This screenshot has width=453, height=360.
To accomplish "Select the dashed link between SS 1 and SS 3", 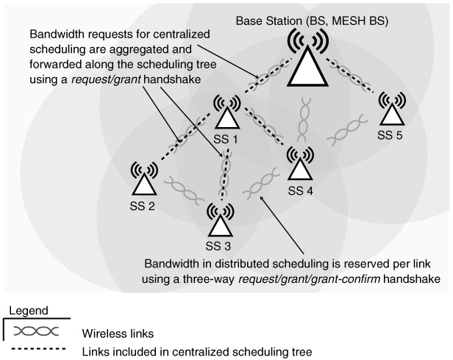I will [226, 173].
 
